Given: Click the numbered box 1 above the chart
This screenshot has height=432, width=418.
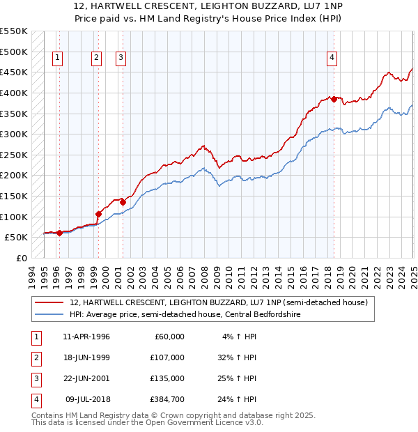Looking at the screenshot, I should point(56,58).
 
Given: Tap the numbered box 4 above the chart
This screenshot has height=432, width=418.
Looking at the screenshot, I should point(332,58).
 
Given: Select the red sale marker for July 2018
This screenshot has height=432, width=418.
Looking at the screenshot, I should point(334,99).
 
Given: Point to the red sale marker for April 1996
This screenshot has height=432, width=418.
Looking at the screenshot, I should point(59,233).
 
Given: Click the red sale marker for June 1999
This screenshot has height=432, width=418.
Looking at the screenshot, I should point(98,214).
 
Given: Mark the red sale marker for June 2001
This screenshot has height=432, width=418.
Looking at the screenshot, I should point(123,202).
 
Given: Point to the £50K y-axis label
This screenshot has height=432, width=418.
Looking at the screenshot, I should point(16,237).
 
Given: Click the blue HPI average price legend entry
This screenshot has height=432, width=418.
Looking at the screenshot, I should point(209,314).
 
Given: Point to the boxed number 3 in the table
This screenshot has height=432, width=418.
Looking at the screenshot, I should point(35,378).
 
